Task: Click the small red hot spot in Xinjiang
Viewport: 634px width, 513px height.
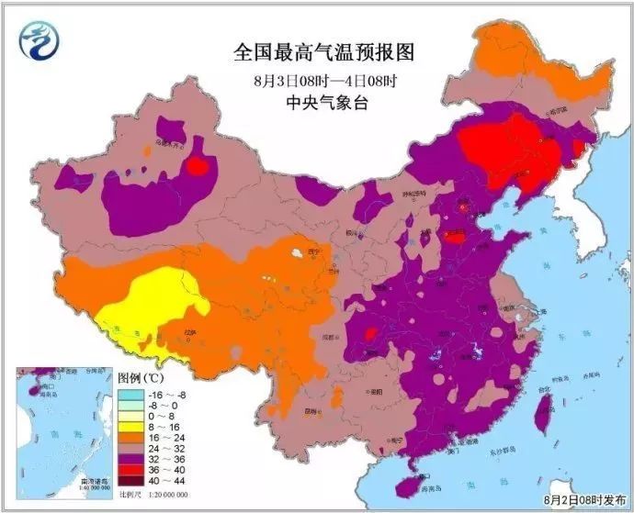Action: [197, 165]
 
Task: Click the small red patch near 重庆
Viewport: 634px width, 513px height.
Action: [372, 333]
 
